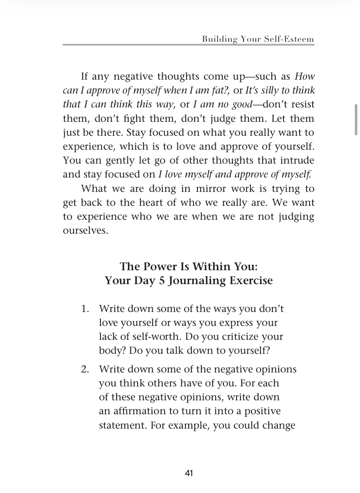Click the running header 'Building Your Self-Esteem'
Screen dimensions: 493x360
pos(258,39)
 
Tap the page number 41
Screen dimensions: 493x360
pos(189,473)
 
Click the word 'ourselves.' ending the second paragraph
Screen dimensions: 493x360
pos(85,231)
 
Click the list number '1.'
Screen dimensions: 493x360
pos(85,309)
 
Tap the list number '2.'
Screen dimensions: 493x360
pos(85,369)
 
